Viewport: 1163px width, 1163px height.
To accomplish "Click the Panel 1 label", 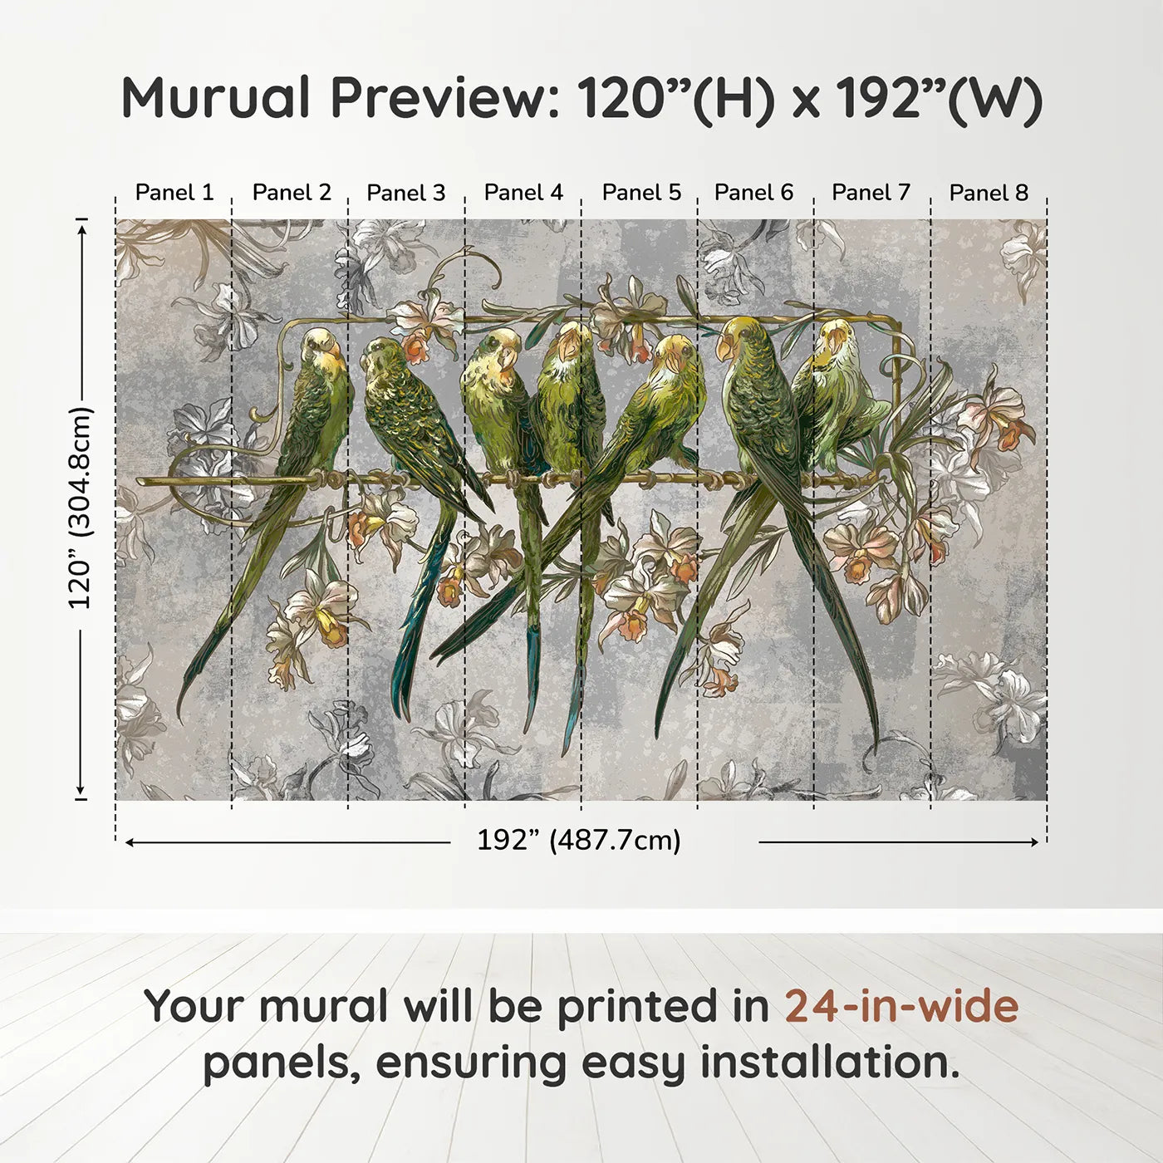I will coord(174,193).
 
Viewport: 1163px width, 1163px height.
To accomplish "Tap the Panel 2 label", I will coord(292,193).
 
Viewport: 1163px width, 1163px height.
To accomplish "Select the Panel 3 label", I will coord(406,193).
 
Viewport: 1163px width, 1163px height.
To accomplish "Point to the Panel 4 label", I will coord(523,193).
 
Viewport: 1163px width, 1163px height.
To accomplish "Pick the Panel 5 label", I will coord(641,193).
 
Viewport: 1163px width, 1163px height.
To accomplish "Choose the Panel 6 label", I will coord(753,193).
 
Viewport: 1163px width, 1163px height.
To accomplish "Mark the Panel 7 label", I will coord(871,193).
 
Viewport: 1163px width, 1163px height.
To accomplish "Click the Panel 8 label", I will coord(989,193).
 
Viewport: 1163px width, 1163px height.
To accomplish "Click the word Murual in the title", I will coord(216,98).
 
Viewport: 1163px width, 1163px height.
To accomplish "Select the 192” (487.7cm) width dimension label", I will coord(578,841).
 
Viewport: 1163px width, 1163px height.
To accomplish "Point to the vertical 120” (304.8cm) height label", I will coord(81,508).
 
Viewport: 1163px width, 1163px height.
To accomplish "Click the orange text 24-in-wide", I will coord(901,1006).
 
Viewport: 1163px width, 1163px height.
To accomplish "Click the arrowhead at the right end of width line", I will coord(1034,842).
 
